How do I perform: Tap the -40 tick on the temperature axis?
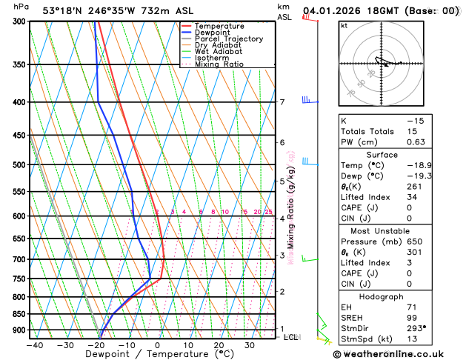34,344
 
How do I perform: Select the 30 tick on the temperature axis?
250,344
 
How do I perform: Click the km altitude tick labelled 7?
282,102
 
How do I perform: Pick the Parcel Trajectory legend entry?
232,39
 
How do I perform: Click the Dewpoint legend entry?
213,33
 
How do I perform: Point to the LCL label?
291,337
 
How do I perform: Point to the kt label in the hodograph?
344,26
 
